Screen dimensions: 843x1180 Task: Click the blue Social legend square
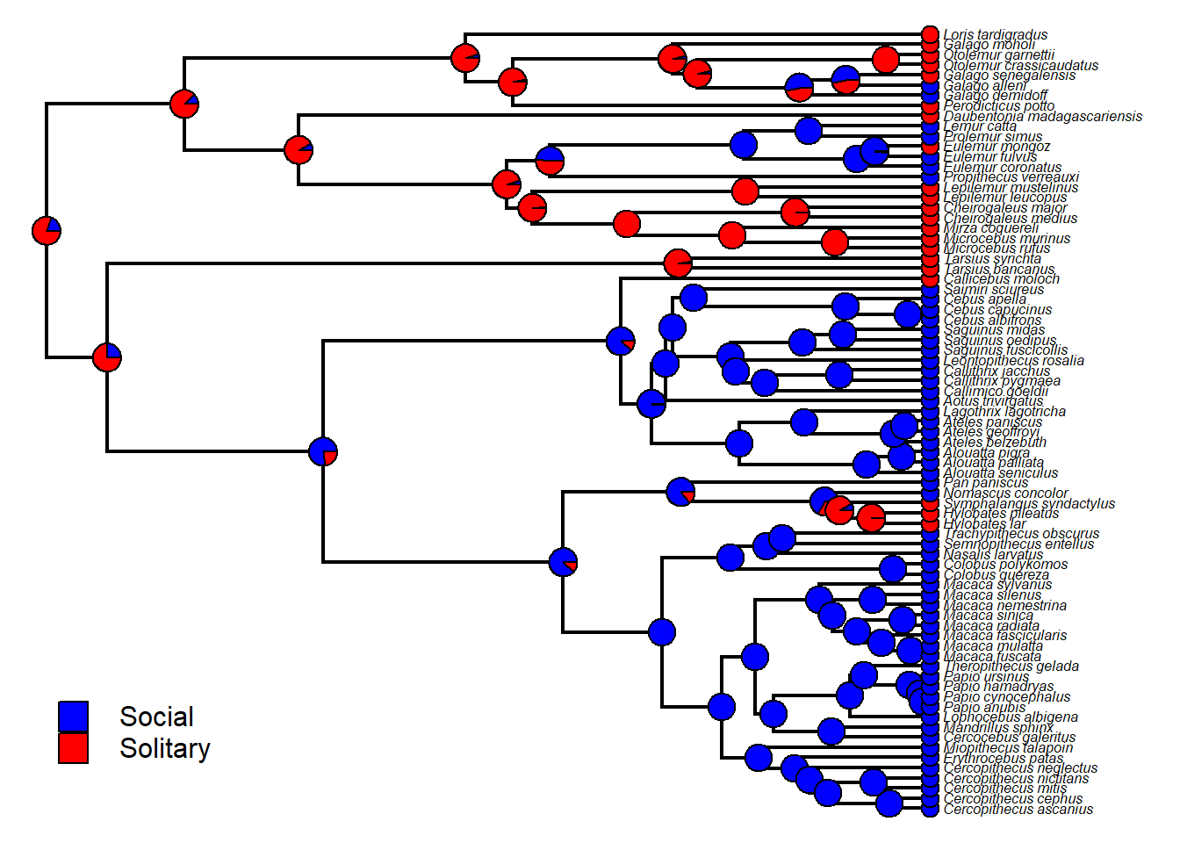[74, 717]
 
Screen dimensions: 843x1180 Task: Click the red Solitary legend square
[74, 748]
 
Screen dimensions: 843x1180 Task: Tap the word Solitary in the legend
[165, 748]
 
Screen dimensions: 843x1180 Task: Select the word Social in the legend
[156, 717]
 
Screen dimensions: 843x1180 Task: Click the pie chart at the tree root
[47, 231]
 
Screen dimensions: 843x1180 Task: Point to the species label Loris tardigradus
[995, 35]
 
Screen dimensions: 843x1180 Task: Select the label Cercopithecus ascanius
[1018, 809]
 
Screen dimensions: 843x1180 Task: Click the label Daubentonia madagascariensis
[1042, 116]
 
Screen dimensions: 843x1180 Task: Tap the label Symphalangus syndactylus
[1028, 503]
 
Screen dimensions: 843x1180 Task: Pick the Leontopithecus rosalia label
[1013, 360]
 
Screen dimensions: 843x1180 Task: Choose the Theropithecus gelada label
[1011, 666]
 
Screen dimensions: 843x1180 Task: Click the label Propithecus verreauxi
[1011, 177]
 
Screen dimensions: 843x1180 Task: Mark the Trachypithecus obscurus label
[1021, 533]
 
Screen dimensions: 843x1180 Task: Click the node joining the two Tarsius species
[678, 263]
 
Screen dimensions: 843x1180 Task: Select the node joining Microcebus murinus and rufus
[835, 242]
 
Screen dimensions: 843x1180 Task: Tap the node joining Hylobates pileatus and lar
[871, 518]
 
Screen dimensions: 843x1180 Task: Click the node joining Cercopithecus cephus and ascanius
[889, 803]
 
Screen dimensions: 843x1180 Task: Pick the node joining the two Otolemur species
[886, 60]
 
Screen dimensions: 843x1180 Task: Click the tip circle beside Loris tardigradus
[931, 34]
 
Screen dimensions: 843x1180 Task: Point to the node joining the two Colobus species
[893, 569]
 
